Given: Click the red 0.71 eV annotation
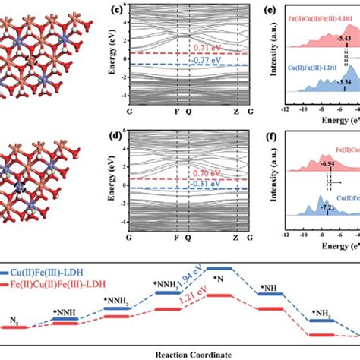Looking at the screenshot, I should (206, 47).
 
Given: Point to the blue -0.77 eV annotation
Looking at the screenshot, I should (206, 58).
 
